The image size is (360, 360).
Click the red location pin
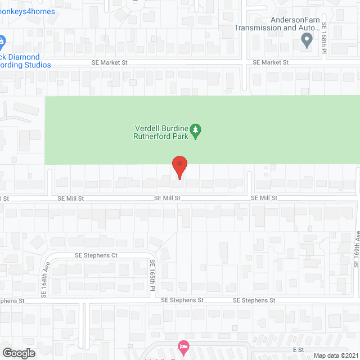(x=179, y=166)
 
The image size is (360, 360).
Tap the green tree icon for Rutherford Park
(x=195, y=131)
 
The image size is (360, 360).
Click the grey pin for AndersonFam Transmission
(x=307, y=40)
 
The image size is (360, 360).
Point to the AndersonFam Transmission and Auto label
(x=277, y=24)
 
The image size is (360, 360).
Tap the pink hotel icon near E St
(x=182, y=345)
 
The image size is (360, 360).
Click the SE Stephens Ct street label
(x=96, y=255)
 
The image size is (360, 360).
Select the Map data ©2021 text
(x=335, y=355)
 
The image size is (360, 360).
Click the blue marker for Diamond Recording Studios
(x=2, y=41)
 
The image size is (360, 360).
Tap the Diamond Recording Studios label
(x=25, y=61)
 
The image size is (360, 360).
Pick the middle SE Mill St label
(x=168, y=198)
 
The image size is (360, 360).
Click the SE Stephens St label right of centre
(x=254, y=300)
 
